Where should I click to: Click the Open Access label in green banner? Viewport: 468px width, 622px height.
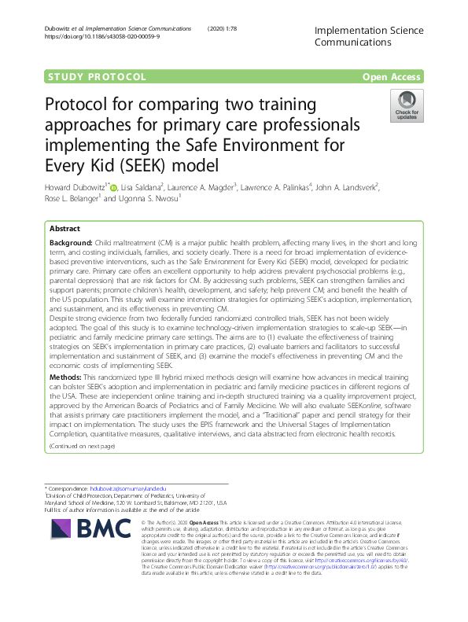[x=392, y=77]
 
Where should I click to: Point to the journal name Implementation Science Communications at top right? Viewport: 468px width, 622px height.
[x=368, y=37]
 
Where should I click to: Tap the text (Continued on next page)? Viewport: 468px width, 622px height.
[x=82, y=446]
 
